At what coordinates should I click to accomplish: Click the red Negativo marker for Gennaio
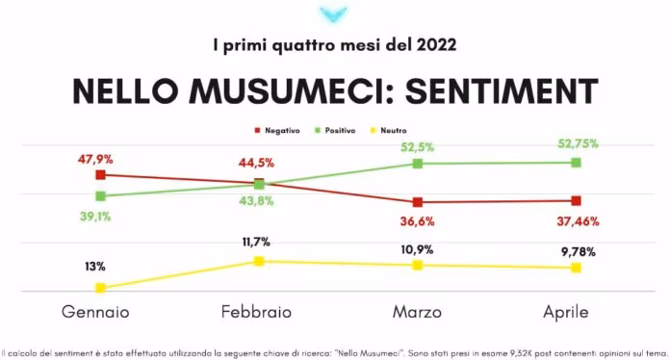click(100, 175)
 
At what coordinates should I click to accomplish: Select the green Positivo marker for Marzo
click(417, 164)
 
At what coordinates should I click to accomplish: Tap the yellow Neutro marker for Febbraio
click(258, 261)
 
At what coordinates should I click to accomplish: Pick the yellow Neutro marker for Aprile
click(576, 268)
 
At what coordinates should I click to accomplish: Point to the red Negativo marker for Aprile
click(576, 201)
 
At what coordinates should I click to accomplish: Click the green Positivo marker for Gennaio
click(100, 196)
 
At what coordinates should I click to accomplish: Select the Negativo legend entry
click(278, 129)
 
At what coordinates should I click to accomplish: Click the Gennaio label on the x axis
click(95, 312)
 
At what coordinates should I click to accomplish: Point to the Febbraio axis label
click(256, 312)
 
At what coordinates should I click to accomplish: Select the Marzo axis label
click(417, 312)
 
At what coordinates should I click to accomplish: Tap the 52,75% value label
click(578, 144)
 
